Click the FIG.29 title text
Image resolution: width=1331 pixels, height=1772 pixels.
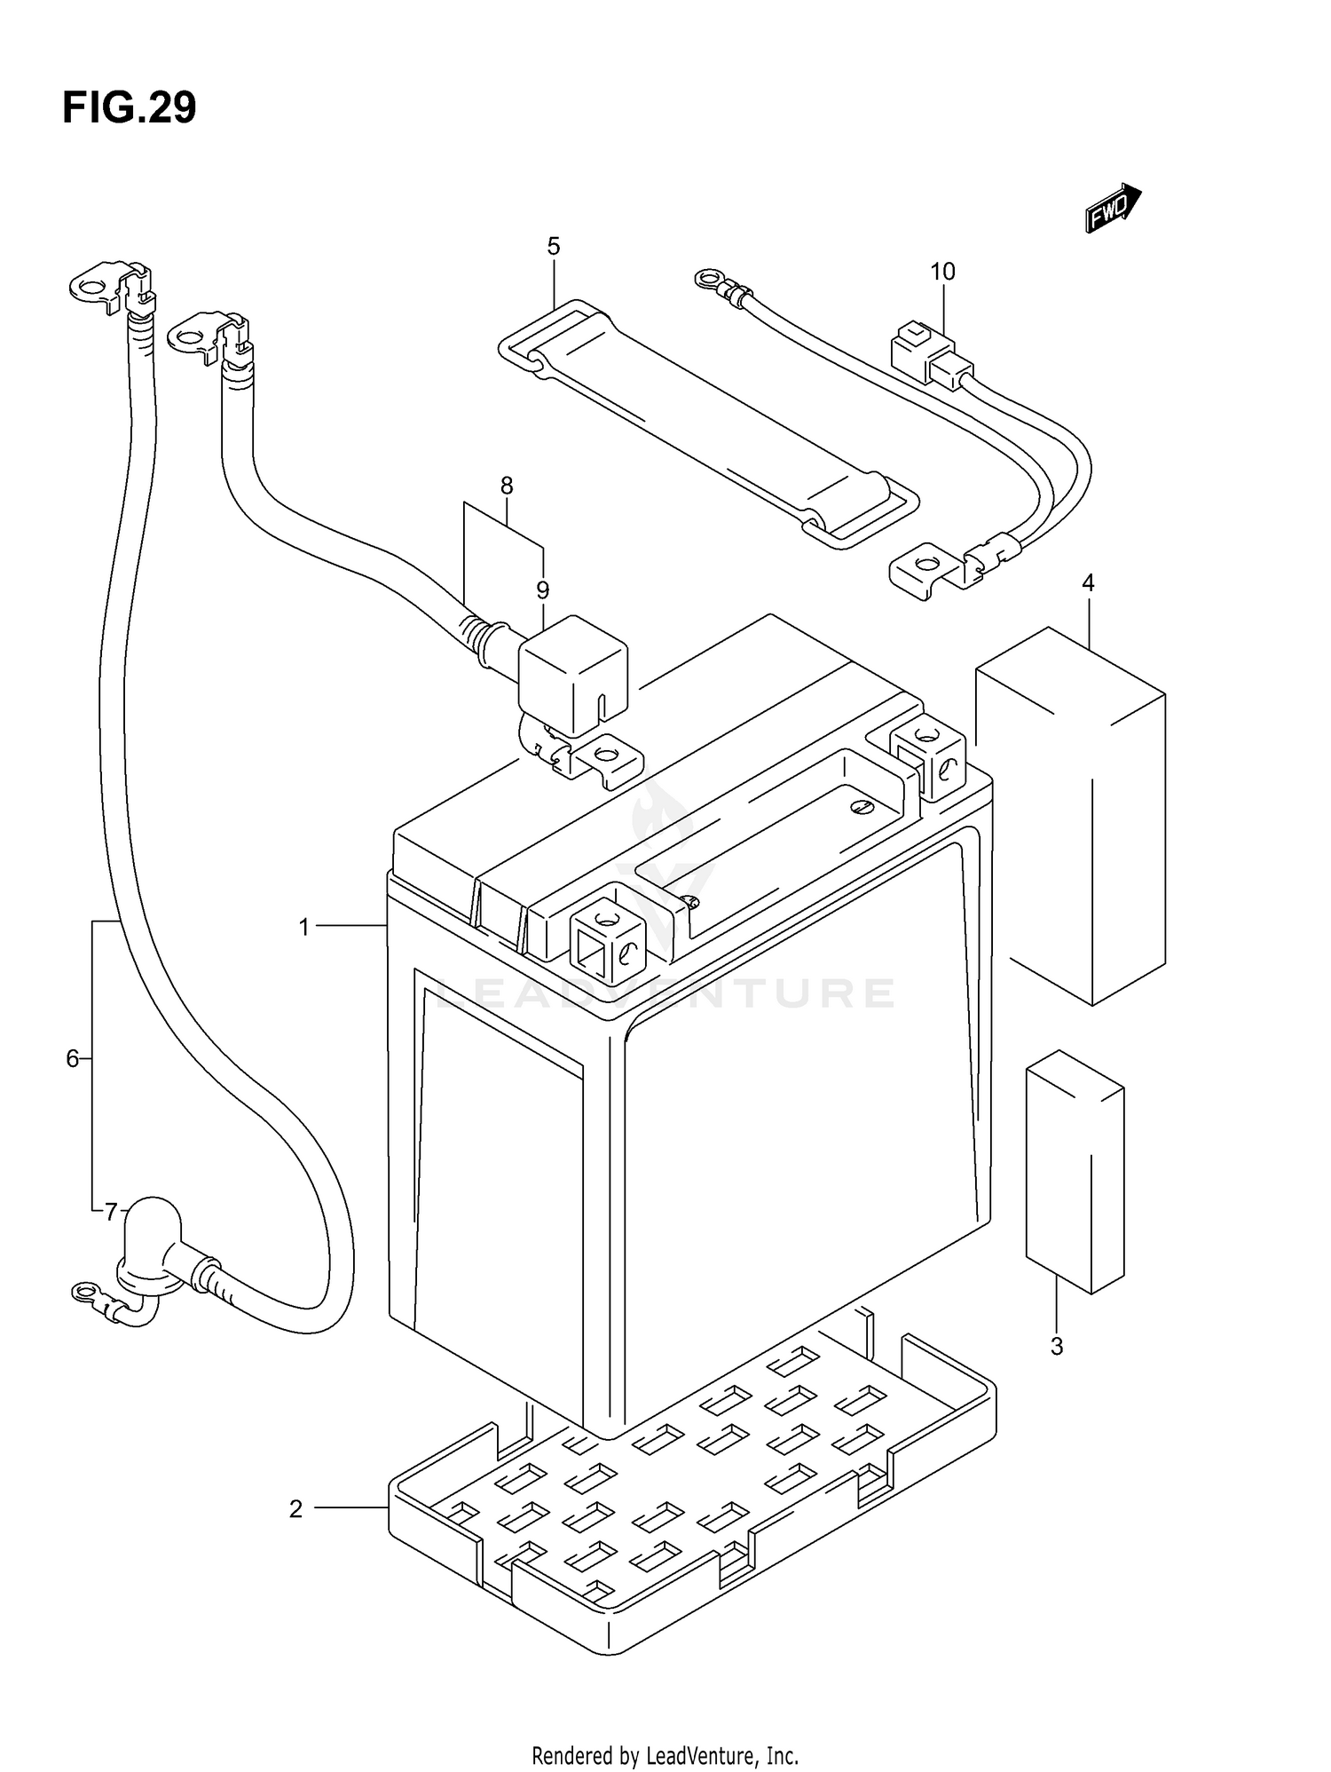point(130,108)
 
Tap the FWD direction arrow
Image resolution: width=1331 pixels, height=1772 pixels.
point(1113,208)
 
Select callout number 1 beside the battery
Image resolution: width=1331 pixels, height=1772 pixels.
point(304,928)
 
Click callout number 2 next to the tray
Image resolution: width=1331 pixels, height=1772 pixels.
point(296,1508)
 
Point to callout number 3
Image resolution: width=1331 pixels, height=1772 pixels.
point(1056,1347)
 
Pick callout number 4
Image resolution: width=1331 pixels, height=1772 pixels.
point(1088,583)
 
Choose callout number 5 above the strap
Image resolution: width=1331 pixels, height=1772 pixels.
point(554,246)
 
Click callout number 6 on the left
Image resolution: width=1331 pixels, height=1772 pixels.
point(73,1058)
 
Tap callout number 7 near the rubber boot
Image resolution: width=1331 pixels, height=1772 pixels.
point(111,1211)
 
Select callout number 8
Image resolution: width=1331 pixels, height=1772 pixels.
point(507,486)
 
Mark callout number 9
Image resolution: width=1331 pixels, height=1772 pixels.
point(542,589)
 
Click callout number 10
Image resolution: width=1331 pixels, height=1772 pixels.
point(942,272)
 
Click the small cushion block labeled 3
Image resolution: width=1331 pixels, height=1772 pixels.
point(1075,1173)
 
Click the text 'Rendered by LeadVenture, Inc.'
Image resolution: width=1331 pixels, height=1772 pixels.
point(665,1755)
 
